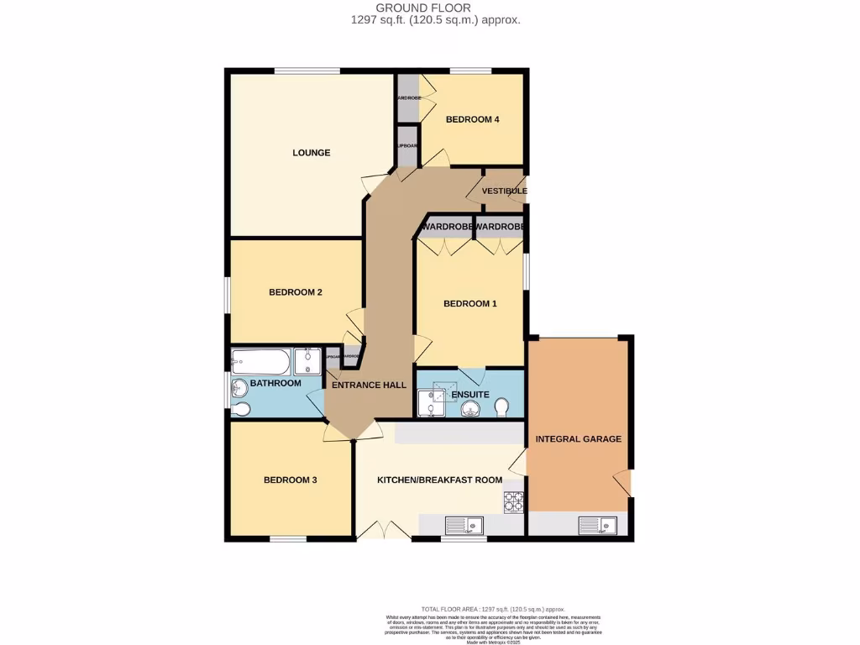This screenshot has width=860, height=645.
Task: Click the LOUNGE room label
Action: click(x=311, y=153)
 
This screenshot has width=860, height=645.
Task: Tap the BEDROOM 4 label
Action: click(x=472, y=119)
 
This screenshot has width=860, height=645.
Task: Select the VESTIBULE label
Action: click(x=504, y=191)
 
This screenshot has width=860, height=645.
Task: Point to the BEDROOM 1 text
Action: click(x=469, y=303)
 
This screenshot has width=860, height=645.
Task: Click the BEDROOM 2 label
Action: click(x=296, y=292)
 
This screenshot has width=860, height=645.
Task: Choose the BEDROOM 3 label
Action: click(x=290, y=480)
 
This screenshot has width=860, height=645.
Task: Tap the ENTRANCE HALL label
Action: click(x=369, y=385)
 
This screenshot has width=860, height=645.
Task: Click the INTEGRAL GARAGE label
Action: click(x=579, y=438)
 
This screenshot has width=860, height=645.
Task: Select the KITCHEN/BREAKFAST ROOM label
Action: click(x=439, y=480)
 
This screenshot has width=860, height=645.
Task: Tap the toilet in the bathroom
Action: click(x=241, y=409)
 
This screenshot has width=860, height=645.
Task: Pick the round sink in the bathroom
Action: click(x=240, y=387)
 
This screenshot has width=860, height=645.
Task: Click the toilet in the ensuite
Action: click(x=501, y=407)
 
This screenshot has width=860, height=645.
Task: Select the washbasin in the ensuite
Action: click(x=469, y=409)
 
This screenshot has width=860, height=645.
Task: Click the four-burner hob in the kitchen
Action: click(x=512, y=501)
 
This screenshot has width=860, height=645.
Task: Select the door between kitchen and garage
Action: click(x=519, y=460)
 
